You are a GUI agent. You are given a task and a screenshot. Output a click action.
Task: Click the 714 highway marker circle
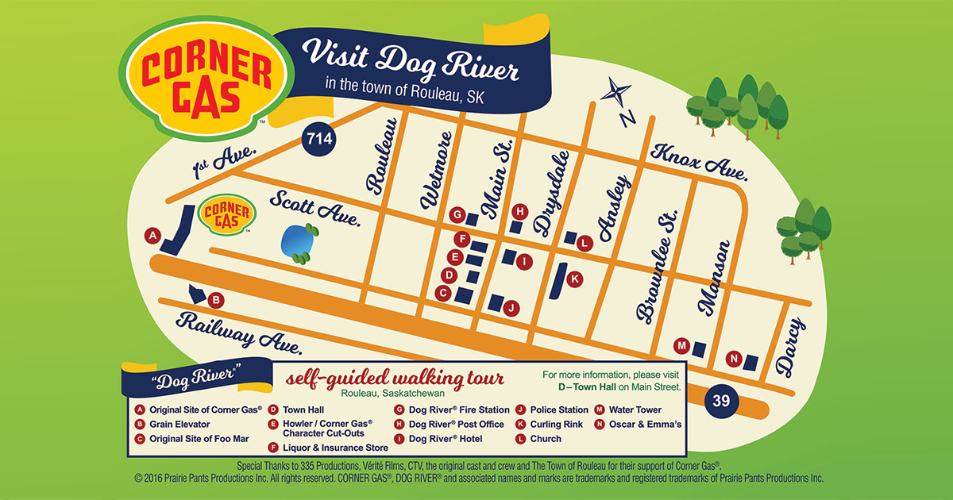[319, 140]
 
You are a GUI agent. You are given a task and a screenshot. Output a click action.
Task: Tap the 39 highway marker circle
[721, 401]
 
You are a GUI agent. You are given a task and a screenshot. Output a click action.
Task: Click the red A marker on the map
[152, 235]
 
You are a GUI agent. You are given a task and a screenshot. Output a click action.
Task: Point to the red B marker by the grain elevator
[217, 300]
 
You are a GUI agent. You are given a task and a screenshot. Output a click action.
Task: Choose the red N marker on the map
[733, 360]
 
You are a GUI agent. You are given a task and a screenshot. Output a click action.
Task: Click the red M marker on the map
[681, 346]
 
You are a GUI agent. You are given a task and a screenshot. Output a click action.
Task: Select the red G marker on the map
[456, 215]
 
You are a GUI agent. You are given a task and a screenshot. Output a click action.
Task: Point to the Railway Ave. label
[239, 332]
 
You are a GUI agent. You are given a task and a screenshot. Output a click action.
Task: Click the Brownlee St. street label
[658, 266]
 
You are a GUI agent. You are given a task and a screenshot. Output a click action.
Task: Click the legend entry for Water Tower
[634, 410]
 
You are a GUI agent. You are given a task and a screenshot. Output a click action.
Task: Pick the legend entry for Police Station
[558, 410]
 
